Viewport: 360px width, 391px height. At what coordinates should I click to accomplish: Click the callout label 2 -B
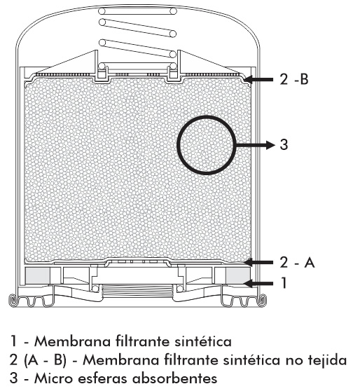pos(294,80)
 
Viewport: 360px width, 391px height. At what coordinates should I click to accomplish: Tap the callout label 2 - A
pos(297,262)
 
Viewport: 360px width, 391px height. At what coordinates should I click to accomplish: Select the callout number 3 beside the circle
pos(284,144)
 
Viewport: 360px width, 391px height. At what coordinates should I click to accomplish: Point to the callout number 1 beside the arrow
pos(284,283)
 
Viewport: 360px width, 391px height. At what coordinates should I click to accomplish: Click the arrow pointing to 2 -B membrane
pos(258,80)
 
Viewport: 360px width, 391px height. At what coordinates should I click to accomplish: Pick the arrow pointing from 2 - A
pos(258,262)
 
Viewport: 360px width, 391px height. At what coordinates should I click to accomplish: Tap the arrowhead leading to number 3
pos(270,144)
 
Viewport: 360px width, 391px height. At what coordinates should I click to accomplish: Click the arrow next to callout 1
pos(258,283)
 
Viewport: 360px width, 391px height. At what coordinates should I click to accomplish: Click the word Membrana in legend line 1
pos(72,341)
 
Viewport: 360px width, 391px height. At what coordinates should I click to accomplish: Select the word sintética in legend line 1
pos(203,341)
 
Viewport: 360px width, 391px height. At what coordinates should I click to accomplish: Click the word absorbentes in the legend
pos(175,378)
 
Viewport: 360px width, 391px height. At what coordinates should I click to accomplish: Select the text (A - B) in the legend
pos(46,360)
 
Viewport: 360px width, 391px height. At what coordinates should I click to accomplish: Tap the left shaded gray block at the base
pos(38,275)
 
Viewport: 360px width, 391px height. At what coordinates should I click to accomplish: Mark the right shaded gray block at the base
pos(238,275)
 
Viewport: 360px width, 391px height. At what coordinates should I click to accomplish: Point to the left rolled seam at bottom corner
pos(13,300)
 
